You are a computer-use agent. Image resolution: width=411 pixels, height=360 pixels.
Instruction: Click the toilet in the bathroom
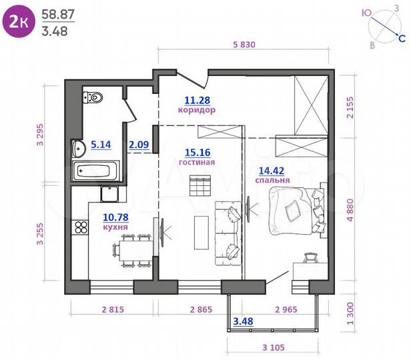coord(95,99)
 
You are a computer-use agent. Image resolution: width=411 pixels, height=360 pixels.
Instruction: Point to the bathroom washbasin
coord(78,147)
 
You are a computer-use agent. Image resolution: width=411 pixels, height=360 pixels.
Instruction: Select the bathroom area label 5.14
coord(101,143)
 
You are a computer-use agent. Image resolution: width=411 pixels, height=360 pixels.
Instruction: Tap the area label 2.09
coord(139,143)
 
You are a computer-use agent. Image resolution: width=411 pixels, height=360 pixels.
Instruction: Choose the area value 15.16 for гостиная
coord(196,151)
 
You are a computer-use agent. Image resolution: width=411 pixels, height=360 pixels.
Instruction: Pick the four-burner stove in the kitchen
coord(81,227)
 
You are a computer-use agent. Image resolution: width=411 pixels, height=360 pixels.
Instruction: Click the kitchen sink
coord(110,194)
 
